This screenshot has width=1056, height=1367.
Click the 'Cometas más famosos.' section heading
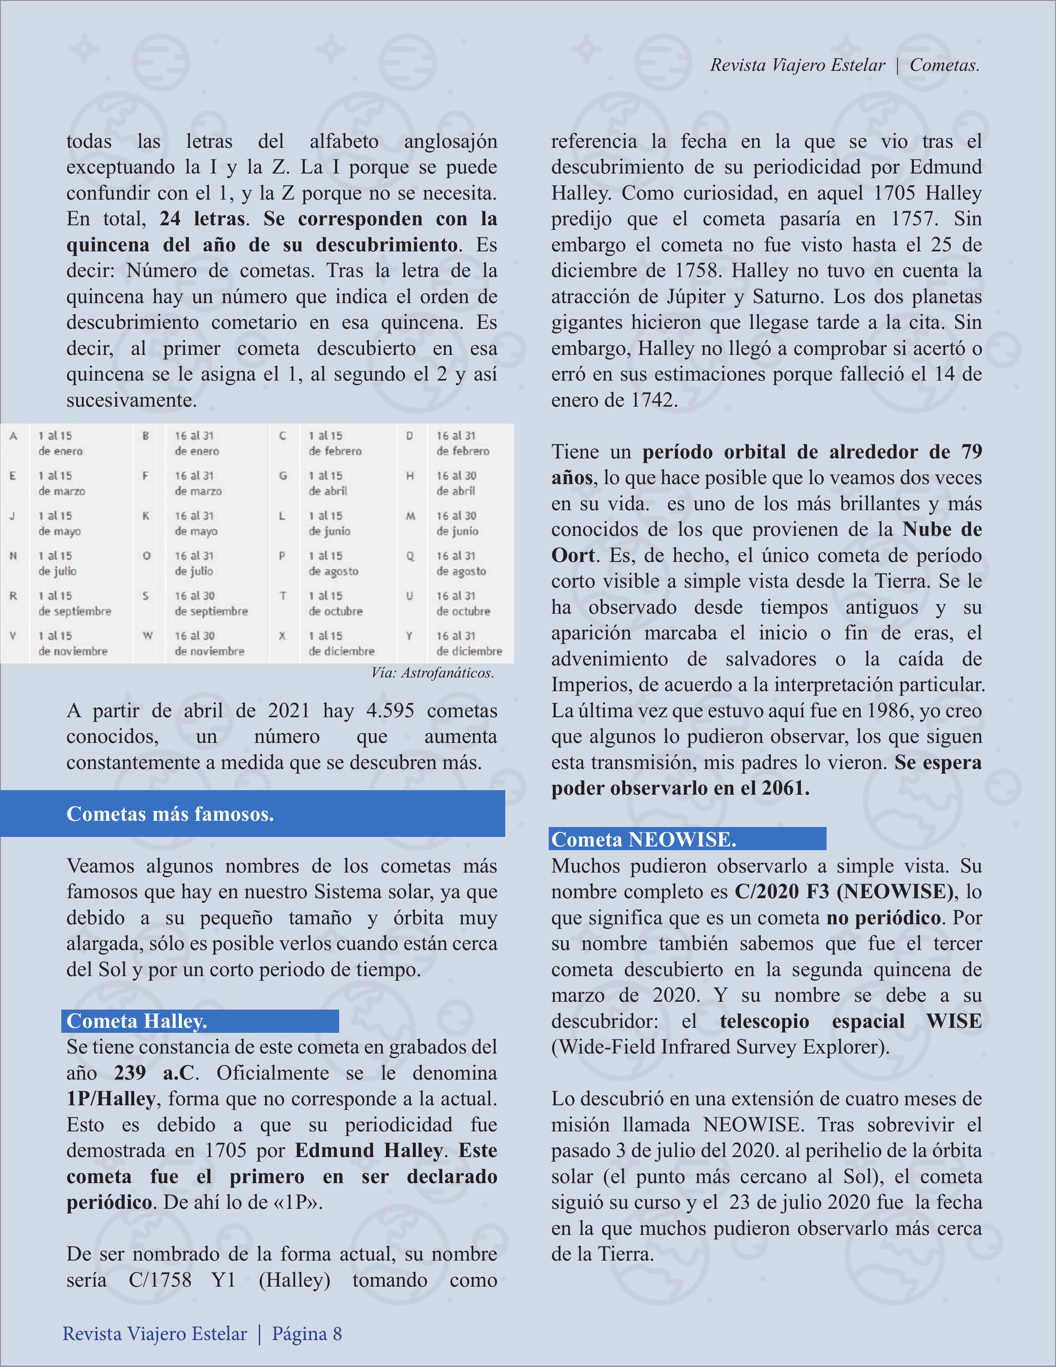170,814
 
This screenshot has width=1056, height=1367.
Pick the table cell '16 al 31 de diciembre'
469,644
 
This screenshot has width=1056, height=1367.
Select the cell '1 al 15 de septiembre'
75,603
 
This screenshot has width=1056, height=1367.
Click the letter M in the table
410,516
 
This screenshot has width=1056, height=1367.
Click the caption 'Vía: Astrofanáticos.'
432,673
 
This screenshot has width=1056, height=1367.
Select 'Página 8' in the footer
307,1334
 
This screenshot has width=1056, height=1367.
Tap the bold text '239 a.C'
154,1073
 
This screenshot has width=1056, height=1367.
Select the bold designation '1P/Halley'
111,1099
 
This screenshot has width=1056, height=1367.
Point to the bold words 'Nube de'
941,530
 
